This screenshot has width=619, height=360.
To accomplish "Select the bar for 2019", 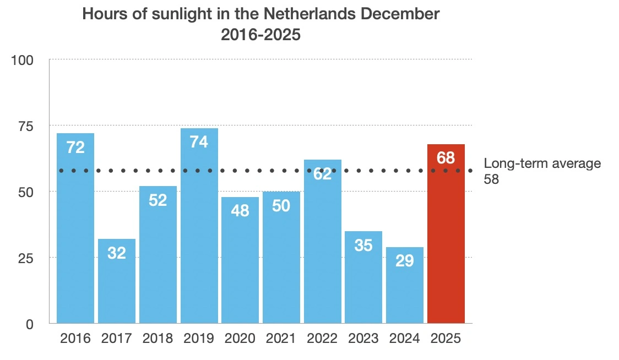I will [199, 231].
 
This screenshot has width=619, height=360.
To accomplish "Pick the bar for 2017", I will [117, 283].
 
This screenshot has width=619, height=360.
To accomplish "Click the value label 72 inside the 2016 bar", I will [75, 148].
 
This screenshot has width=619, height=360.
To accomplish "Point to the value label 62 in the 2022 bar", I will [322, 173].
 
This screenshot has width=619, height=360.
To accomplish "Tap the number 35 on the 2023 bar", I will [363, 245].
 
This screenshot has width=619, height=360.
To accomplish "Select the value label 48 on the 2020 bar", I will [240, 211].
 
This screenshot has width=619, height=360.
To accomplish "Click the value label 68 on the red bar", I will [446, 158].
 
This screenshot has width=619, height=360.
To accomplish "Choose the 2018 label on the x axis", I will [158, 339].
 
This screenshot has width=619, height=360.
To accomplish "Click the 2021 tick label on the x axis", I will [281, 339].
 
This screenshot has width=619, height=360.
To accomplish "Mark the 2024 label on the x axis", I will [405, 339].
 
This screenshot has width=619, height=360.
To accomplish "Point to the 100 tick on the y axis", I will [23, 60].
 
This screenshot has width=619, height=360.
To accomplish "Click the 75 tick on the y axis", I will [25, 126].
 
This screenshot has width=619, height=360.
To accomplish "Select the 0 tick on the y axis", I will [30, 324].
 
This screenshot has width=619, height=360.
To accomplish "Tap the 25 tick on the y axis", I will [25, 258].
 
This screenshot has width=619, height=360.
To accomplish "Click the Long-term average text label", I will [542, 163].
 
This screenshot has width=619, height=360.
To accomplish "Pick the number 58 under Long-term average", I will [491, 179].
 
